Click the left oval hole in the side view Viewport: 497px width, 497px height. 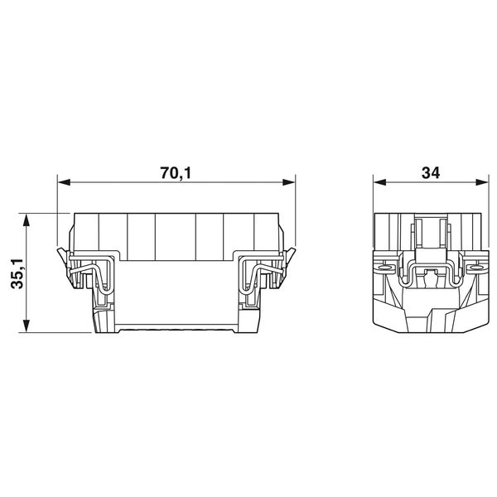pos(385,268)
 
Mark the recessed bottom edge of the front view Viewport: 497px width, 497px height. pos(175,331)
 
